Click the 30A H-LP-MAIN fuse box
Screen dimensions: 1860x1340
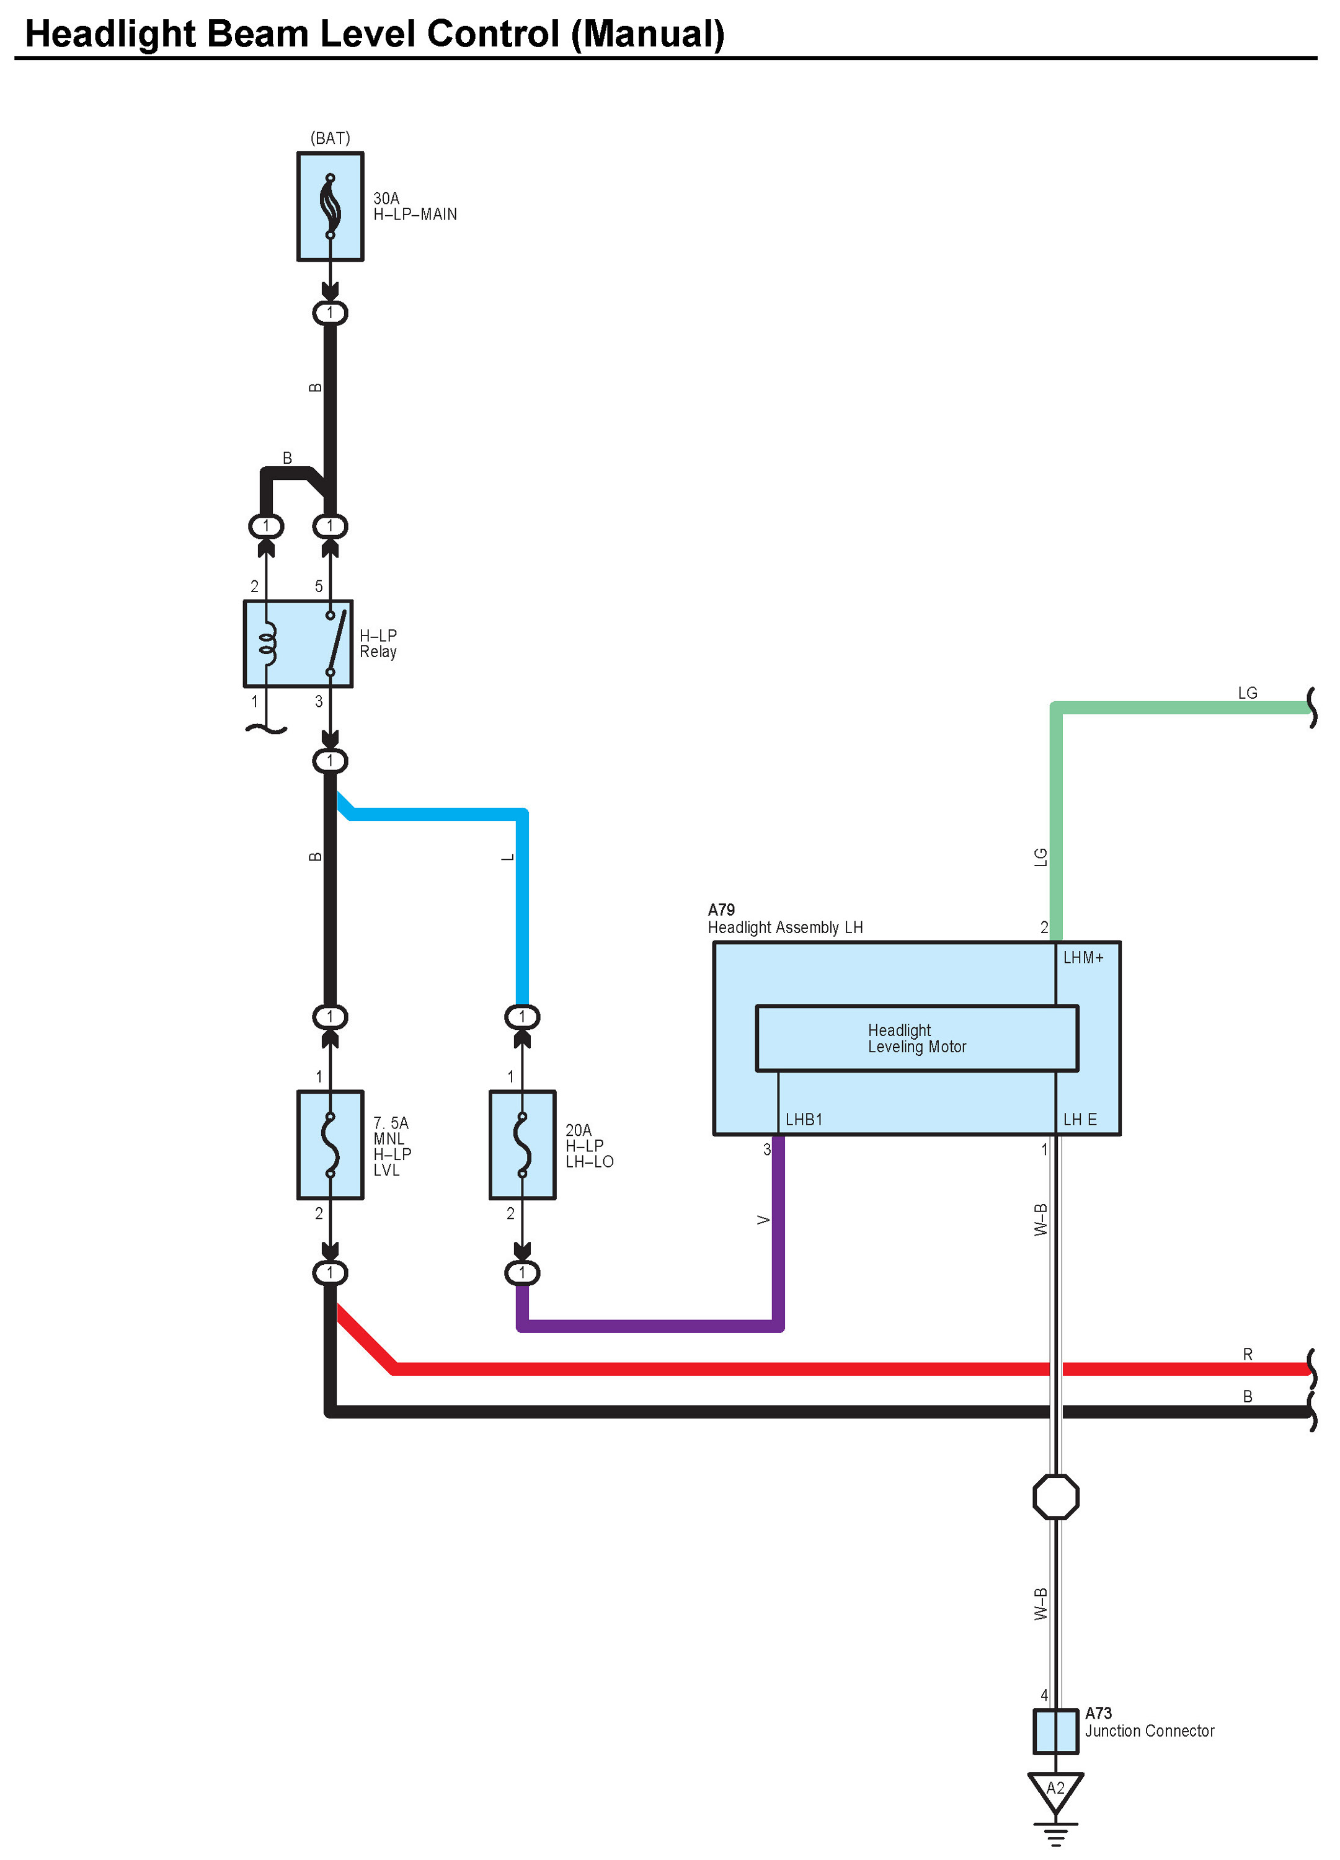pos(330,206)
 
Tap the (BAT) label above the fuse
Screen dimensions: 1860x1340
pos(330,138)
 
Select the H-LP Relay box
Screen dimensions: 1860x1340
pos(298,644)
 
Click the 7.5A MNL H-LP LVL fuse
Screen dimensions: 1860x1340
pos(330,1145)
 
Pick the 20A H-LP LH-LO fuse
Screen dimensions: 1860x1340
pos(521,1145)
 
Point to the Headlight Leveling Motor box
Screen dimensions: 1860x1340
pos(916,1038)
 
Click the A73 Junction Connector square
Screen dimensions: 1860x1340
pos(1055,1731)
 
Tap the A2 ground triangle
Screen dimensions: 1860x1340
pos(1055,1789)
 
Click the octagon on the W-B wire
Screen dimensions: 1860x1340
pos(1055,1497)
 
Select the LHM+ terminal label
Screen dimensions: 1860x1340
pos(1083,958)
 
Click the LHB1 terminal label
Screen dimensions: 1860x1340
pos(803,1120)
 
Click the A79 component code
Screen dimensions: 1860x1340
pos(721,910)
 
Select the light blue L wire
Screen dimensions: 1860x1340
pos(522,902)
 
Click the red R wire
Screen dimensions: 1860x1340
pos(738,1369)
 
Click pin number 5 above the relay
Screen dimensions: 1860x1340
pos(319,587)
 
